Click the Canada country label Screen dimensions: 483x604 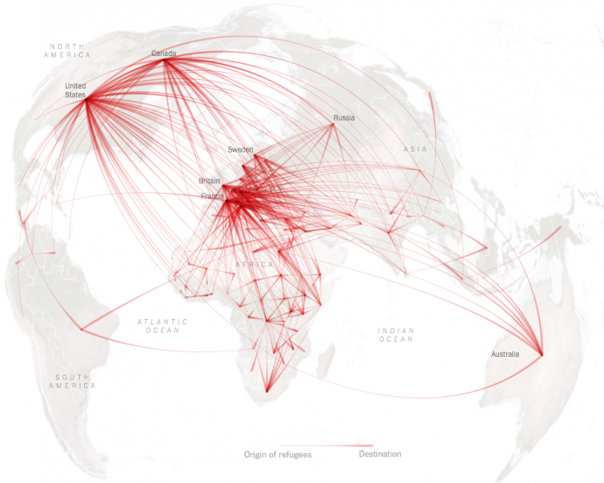click(x=164, y=53)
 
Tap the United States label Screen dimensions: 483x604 click(x=76, y=89)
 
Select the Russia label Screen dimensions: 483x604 click(x=344, y=117)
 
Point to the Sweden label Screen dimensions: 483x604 click(x=240, y=150)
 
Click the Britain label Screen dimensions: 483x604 click(x=209, y=181)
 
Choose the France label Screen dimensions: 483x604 click(x=212, y=196)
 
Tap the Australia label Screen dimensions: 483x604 click(x=505, y=354)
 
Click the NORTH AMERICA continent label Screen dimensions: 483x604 click(x=67, y=50)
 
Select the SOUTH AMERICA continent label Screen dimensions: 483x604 click(x=73, y=381)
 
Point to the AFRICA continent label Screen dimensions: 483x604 click(x=255, y=264)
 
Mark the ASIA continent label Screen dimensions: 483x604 click(x=415, y=149)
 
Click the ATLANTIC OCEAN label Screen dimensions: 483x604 click(x=163, y=326)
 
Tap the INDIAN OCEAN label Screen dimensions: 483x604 click(x=395, y=334)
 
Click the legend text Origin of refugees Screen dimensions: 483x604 click(x=277, y=454)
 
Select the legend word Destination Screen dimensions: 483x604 click(x=380, y=454)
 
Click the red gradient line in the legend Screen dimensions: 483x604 click(x=326, y=445)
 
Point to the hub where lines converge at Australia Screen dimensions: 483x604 click(x=541, y=355)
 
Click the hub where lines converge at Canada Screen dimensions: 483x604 click(x=165, y=60)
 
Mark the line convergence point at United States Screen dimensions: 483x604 click(x=86, y=98)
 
